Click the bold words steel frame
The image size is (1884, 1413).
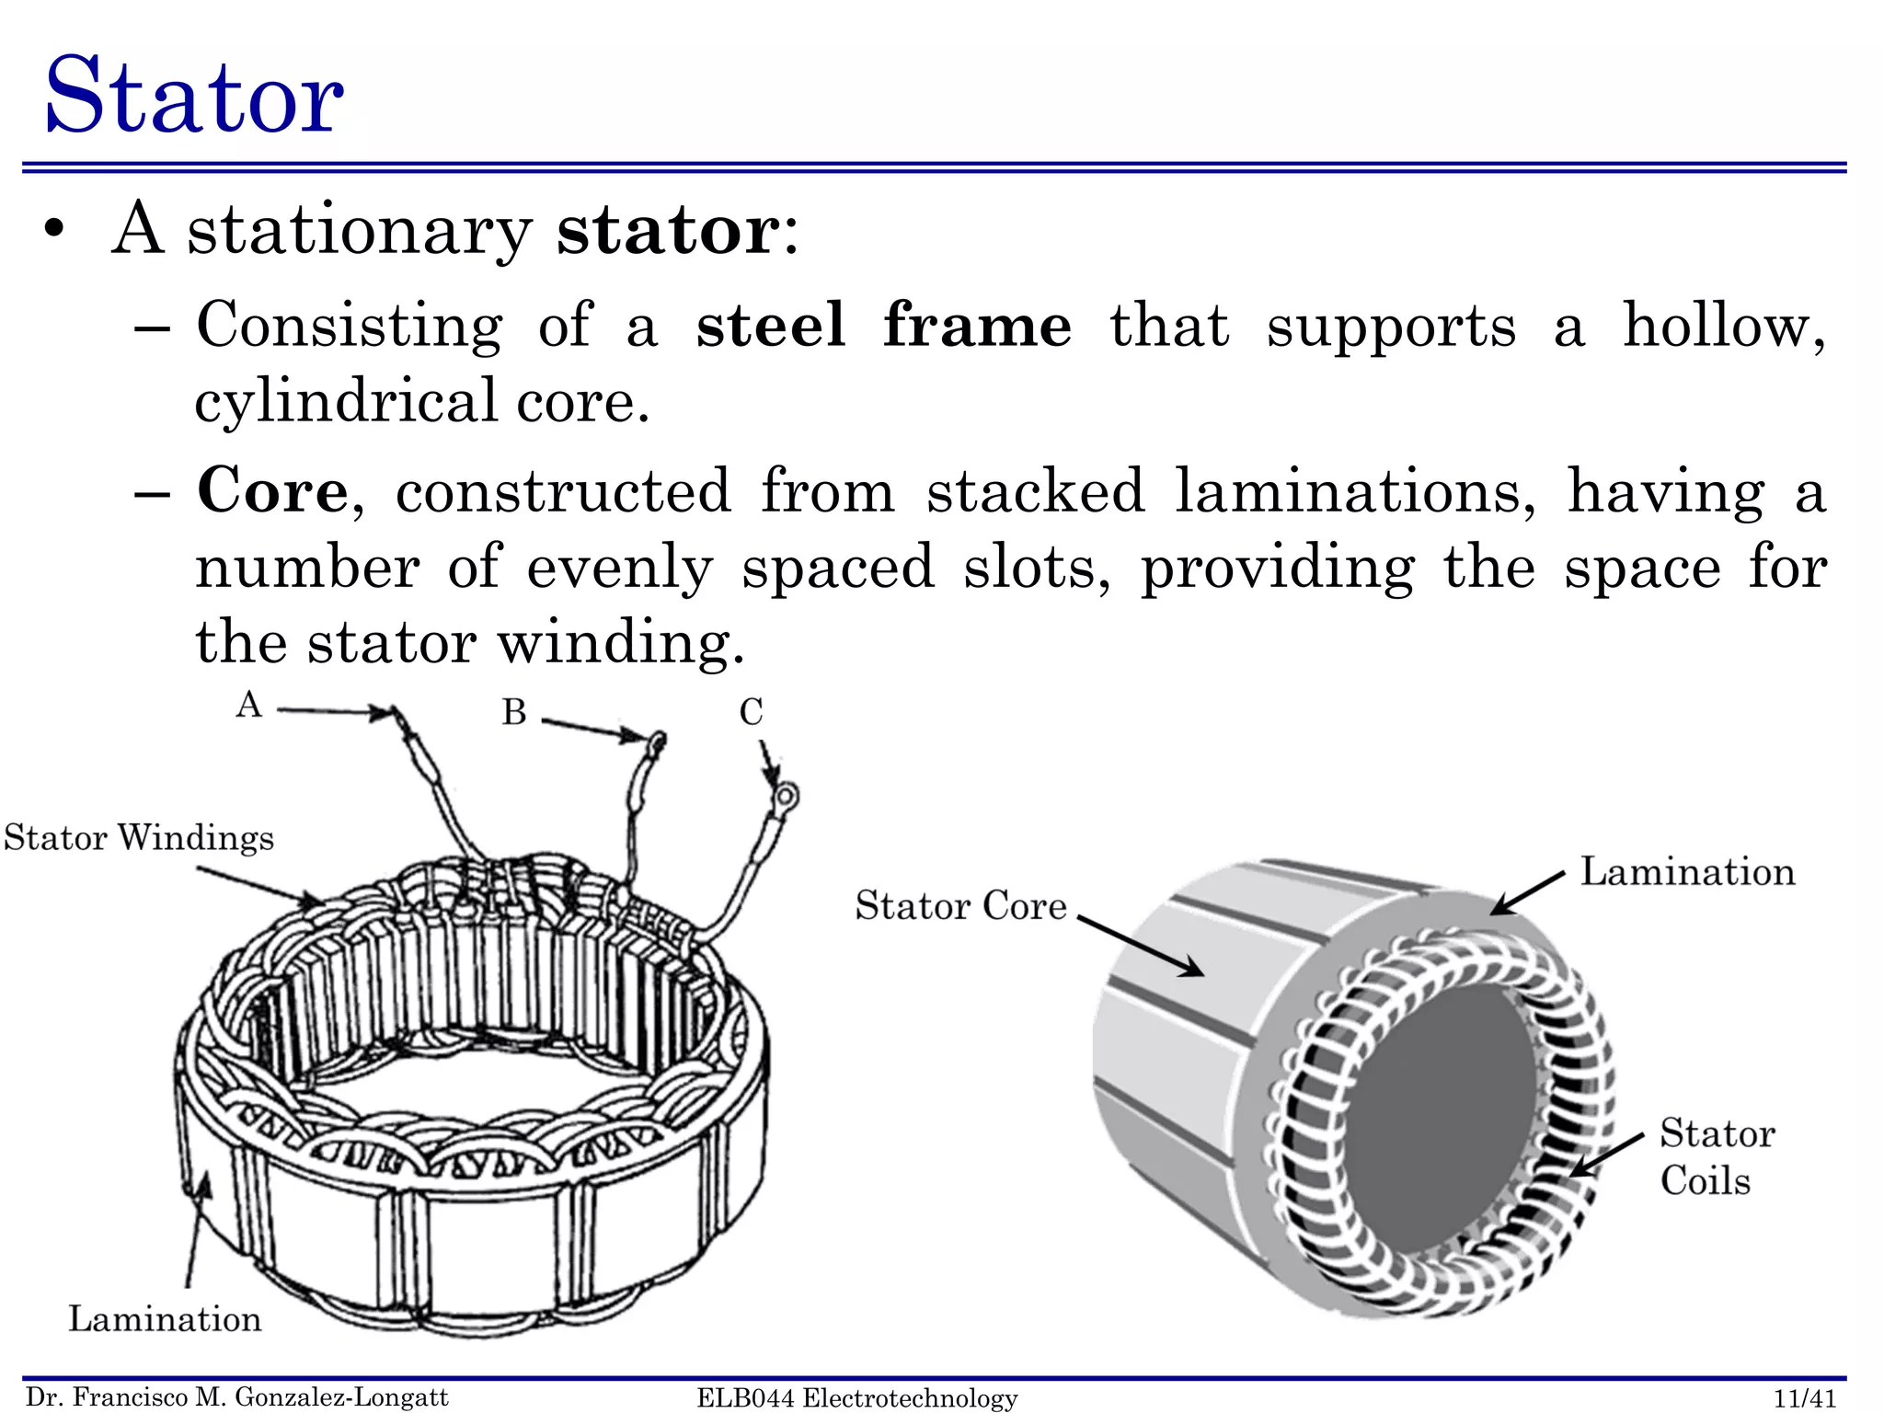[x=883, y=326]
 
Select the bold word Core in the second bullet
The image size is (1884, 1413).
[x=272, y=491]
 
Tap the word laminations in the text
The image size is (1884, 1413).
[x=1354, y=491]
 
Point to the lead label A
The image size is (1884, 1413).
[x=248, y=706]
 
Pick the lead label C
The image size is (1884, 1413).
[x=751, y=712]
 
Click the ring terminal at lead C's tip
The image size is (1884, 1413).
[x=786, y=795]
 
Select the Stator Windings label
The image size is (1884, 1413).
[x=139, y=838]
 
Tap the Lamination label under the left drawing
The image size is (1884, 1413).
[x=165, y=1319]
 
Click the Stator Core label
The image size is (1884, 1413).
[x=960, y=906]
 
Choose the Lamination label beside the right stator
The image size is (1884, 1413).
[x=1687, y=872]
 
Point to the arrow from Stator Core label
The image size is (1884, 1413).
[x=1141, y=945]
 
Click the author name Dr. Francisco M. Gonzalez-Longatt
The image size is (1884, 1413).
[x=237, y=1397]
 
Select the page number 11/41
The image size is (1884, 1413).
[x=1804, y=1398]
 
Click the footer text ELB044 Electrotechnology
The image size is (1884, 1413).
[x=856, y=1398]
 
